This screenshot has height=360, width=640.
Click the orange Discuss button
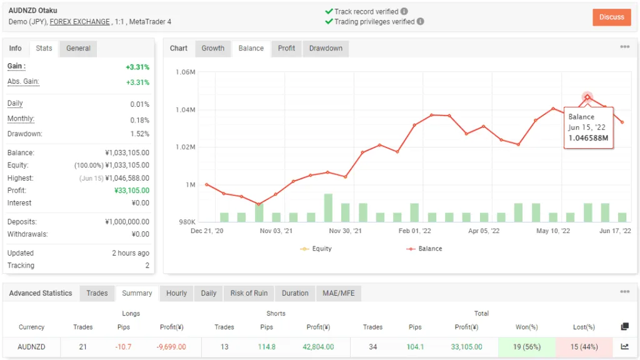pyautogui.click(x=611, y=17)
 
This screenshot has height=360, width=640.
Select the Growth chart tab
pyautogui.click(x=212, y=49)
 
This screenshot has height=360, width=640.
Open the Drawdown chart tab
pyautogui.click(x=326, y=49)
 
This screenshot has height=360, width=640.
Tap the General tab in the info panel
pyautogui.click(x=78, y=49)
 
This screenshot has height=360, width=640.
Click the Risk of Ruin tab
pyautogui.click(x=249, y=293)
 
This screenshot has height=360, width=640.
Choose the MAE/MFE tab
pyautogui.click(x=338, y=293)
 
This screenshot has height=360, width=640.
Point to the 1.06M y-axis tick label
pyautogui.click(x=186, y=72)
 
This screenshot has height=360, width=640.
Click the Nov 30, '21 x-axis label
pyautogui.click(x=346, y=231)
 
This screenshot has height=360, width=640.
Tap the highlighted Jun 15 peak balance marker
pyautogui.click(x=587, y=97)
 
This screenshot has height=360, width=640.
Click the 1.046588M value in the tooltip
pyautogui.click(x=588, y=138)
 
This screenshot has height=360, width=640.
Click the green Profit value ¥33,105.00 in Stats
pyautogui.click(x=132, y=191)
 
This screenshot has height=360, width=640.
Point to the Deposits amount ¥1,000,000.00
pyautogui.click(x=127, y=222)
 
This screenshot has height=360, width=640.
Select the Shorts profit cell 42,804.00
pyautogui.click(x=318, y=347)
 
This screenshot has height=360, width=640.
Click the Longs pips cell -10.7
pyautogui.click(x=123, y=347)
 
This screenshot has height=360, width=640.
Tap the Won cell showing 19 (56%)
pyautogui.click(x=527, y=347)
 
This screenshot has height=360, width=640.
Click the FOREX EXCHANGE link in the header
pyautogui.click(x=79, y=22)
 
